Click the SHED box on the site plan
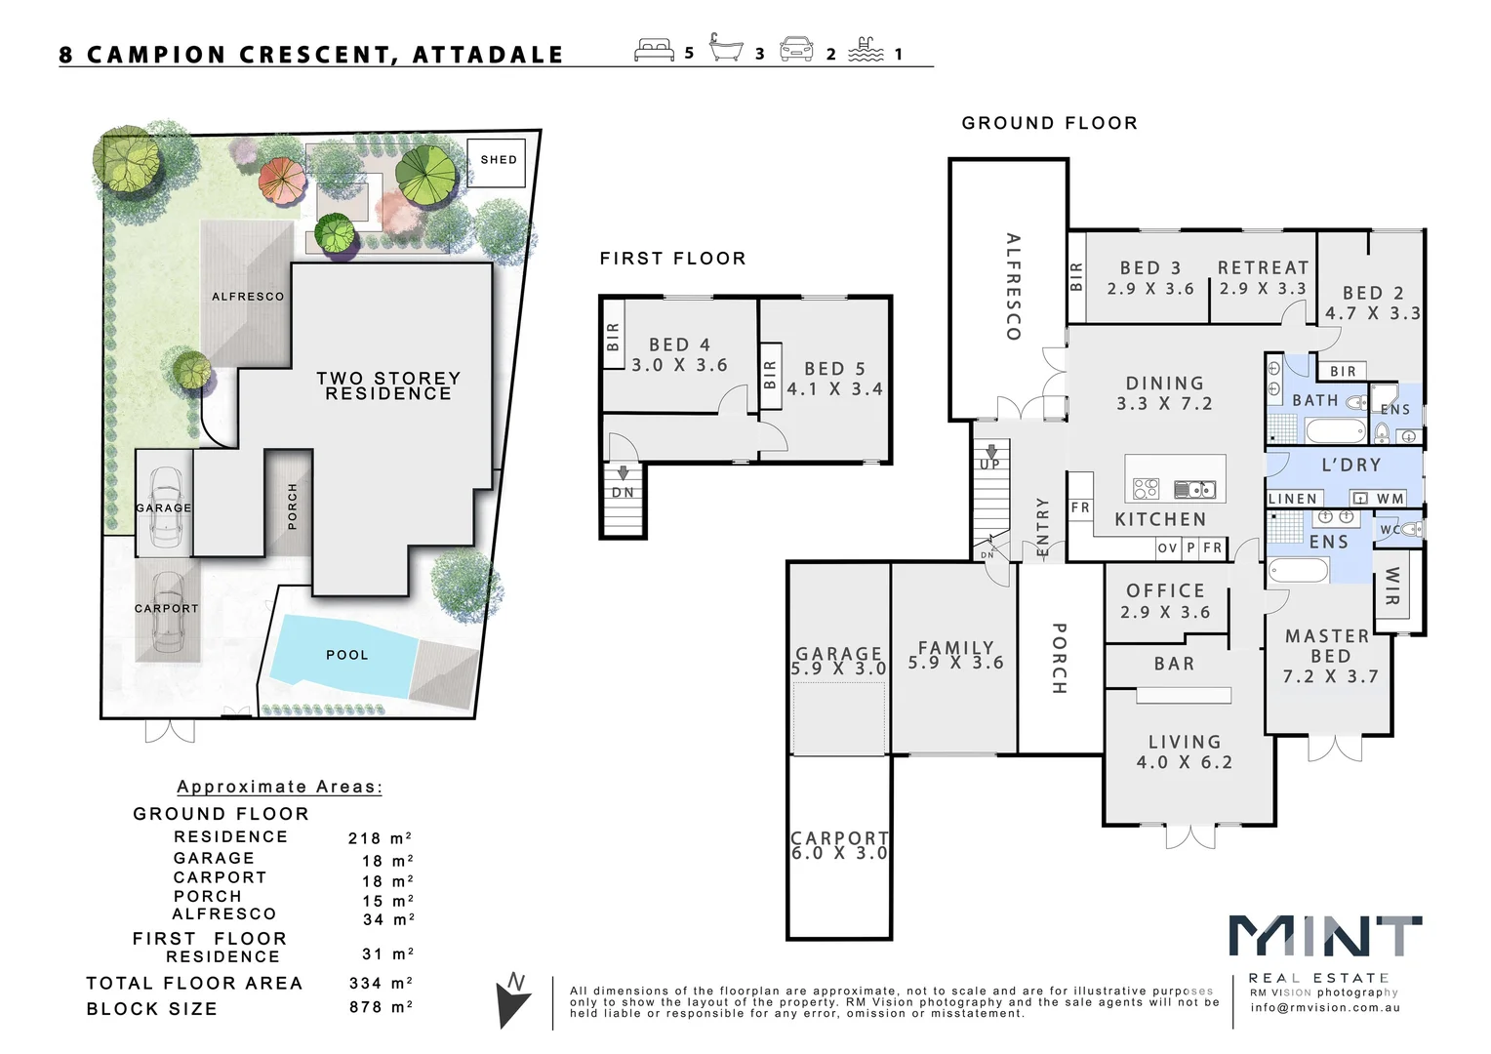(498, 160)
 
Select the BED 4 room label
(679, 345)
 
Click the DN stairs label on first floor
(623, 493)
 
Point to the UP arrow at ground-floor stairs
(991, 452)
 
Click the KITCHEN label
(1160, 519)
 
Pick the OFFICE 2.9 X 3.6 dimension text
(1167, 612)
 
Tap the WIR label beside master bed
(1391, 586)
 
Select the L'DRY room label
(1350, 466)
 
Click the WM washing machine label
(1390, 499)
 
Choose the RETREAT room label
(1263, 267)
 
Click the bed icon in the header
(654, 50)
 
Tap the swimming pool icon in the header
(866, 50)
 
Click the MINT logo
(1324, 937)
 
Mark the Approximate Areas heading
(279, 787)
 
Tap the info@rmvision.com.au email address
(1324, 1008)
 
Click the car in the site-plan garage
(165, 506)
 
